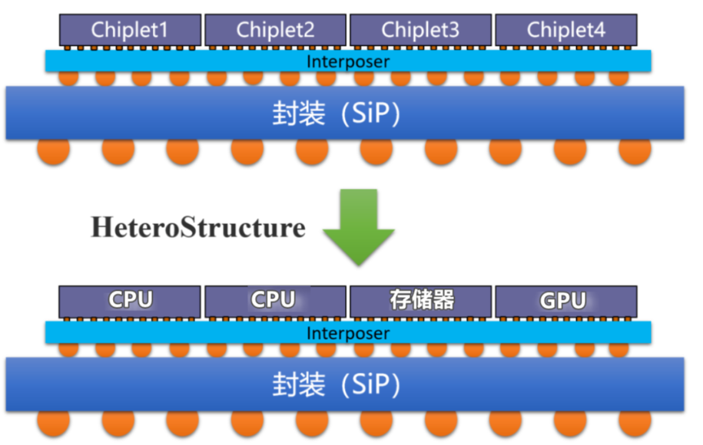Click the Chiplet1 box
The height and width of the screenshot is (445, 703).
tap(130, 30)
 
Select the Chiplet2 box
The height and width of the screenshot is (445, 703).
tap(275, 30)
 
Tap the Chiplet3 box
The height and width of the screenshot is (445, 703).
tap(420, 30)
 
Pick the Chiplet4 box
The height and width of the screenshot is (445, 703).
tap(565, 30)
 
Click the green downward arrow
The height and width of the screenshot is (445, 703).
tap(358, 227)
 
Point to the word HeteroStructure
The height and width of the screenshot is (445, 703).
tap(197, 228)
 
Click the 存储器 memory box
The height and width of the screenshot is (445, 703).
tap(420, 300)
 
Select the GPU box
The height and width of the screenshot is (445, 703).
tap(565, 300)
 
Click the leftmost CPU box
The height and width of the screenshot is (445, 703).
tap(130, 300)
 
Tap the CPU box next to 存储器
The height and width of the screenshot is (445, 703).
tap(275, 300)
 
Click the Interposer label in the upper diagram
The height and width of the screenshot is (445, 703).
tap(348, 61)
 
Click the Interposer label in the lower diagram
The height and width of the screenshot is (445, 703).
tap(348, 334)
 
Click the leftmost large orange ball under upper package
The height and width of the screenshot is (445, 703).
tap(53, 150)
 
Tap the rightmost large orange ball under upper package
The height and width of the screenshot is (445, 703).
tap(635, 150)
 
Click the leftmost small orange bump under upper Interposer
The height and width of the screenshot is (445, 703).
tap(68, 77)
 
